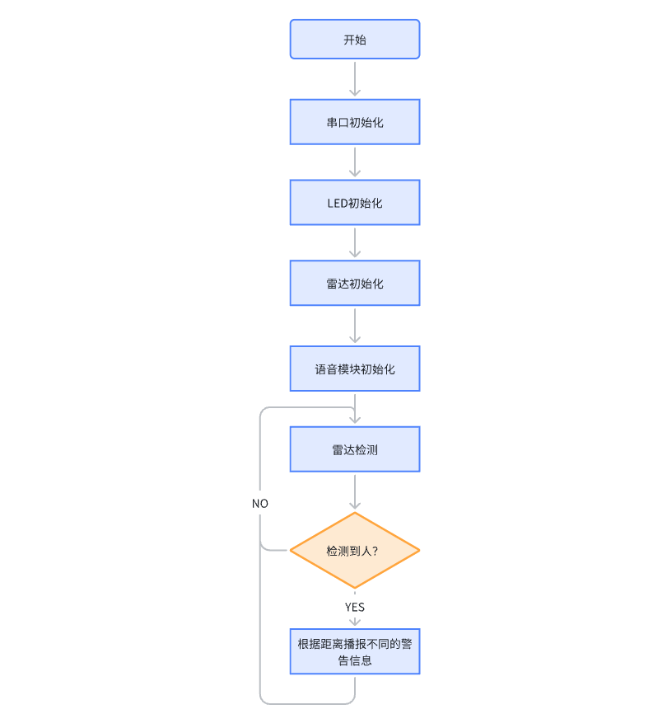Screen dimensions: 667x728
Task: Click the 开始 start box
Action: coord(355,40)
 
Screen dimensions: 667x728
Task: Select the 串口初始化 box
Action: coord(355,122)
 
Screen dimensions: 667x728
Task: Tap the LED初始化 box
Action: coord(355,203)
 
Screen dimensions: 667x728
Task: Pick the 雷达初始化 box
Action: coord(355,284)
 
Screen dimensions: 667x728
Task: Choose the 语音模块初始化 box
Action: coord(355,369)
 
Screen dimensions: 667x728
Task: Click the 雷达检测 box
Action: coord(355,449)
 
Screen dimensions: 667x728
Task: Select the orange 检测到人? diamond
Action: coord(355,551)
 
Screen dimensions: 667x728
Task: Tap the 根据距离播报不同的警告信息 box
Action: coord(355,651)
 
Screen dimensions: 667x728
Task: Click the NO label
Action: coord(259,504)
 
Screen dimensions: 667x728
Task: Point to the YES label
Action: coord(355,608)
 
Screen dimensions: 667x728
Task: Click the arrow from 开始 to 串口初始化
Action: coord(355,79)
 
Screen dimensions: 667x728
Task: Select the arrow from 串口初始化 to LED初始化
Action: coord(355,162)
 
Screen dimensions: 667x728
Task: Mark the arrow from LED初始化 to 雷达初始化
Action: coord(355,242)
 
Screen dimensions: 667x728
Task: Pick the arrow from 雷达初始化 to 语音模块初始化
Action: coord(355,326)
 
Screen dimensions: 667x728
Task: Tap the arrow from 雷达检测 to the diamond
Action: coord(355,491)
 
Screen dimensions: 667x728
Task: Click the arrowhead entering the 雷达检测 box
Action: coord(355,420)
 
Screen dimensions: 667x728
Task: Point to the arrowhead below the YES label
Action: coord(355,622)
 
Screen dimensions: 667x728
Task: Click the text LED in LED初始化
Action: coord(338,204)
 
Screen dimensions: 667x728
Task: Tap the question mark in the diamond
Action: coord(375,551)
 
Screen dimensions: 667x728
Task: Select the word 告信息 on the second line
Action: coord(355,660)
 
